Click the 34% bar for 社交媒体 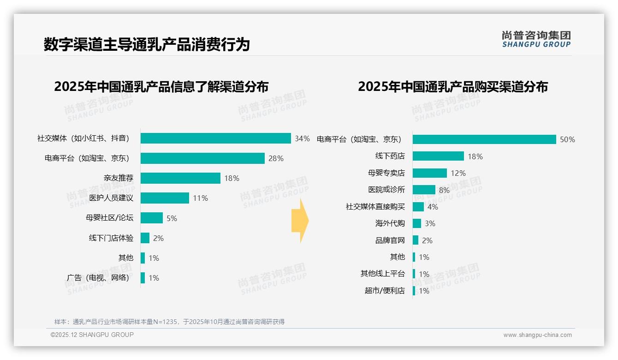click(215, 138)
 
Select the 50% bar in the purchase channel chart click(484, 139)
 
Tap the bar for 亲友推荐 click(180, 178)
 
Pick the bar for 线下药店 click(438, 156)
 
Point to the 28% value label click(276, 158)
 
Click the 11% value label click(200, 198)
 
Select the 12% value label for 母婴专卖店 click(458, 173)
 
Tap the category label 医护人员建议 click(111, 198)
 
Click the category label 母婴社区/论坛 click(109, 218)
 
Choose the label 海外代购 click(390, 223)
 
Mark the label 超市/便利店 click(384, 291)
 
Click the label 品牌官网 click(390, 240)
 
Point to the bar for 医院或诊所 click(424, 190)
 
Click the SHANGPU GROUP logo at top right click(536, 39)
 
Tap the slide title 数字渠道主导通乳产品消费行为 click(147, 44)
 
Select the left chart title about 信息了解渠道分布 click(161, 86)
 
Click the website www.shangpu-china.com click(537, 335)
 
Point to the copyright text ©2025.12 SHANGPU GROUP click(92, 335)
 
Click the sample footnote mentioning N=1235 click(169, 322)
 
